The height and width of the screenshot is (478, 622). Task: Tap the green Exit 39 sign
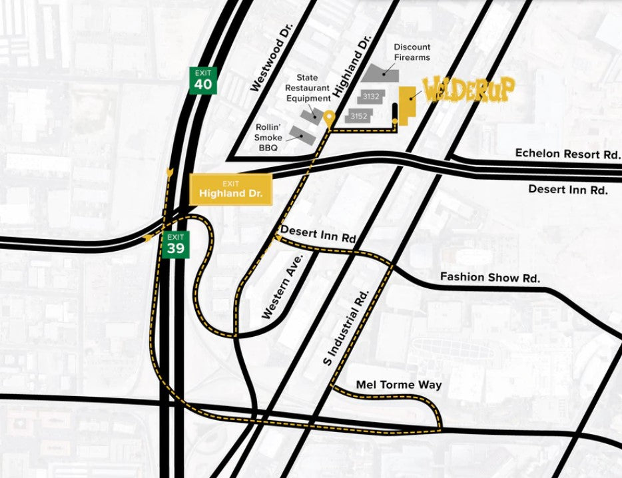[x=176, y=244]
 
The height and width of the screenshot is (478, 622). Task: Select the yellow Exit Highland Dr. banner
[x=230, y=190]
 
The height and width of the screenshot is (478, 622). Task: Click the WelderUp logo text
[x=469, y=90]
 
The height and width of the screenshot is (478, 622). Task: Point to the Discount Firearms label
[x=412, y=52]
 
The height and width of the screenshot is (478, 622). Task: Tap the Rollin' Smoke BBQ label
[x=268, y=138]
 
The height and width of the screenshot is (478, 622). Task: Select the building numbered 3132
[x=371, y=97]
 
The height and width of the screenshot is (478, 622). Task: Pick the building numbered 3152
[x=359, y=116]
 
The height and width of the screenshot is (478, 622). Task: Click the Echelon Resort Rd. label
[x=567, y=153]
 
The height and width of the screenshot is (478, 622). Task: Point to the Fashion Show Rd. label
[x=489, y=277]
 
